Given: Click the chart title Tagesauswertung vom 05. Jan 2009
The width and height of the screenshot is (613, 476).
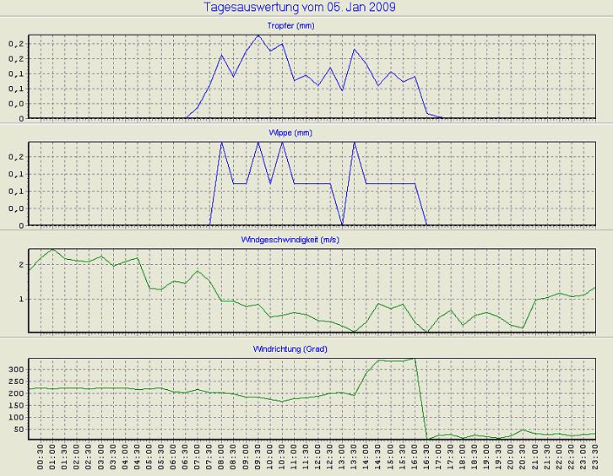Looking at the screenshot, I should click(x=300, y=8).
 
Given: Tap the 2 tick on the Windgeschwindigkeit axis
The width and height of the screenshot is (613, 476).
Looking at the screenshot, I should click(x=23, y=265).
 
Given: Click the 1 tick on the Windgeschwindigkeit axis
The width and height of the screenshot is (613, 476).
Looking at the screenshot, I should click(x=23, y=299).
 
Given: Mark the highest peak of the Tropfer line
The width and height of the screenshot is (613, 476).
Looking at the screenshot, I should click(x=258, y=35).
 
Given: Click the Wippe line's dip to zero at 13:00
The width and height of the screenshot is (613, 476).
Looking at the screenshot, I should click(x=342, y=224).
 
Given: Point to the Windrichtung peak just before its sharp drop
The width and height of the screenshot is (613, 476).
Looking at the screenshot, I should click(x=415, y=359).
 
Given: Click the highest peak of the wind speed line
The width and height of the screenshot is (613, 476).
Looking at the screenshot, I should click(x=53, y=249).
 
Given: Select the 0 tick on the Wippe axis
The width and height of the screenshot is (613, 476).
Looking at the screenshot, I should click(x=23, y=225).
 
